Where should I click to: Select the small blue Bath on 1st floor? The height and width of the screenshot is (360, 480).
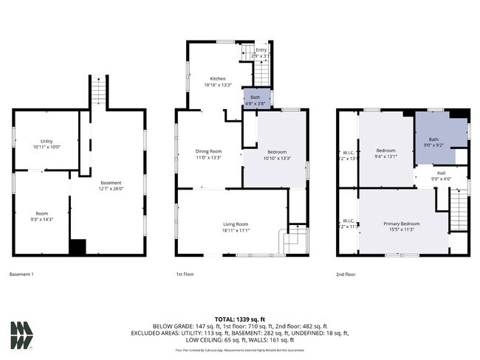(x=255, y=99)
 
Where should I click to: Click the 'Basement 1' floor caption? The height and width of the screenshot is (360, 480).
(x=21, y=274)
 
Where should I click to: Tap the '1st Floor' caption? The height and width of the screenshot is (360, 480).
(x=185, y=274)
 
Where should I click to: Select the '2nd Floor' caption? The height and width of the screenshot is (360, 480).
(x=346, y=274)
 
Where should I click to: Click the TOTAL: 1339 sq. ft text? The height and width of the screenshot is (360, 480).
(x=240, y=316)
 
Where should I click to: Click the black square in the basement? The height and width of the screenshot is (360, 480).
(x=78, y=247)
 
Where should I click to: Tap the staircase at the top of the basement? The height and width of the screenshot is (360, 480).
(x=99, y=91)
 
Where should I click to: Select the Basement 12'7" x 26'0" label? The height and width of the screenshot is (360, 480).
(x=111, y=185)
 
